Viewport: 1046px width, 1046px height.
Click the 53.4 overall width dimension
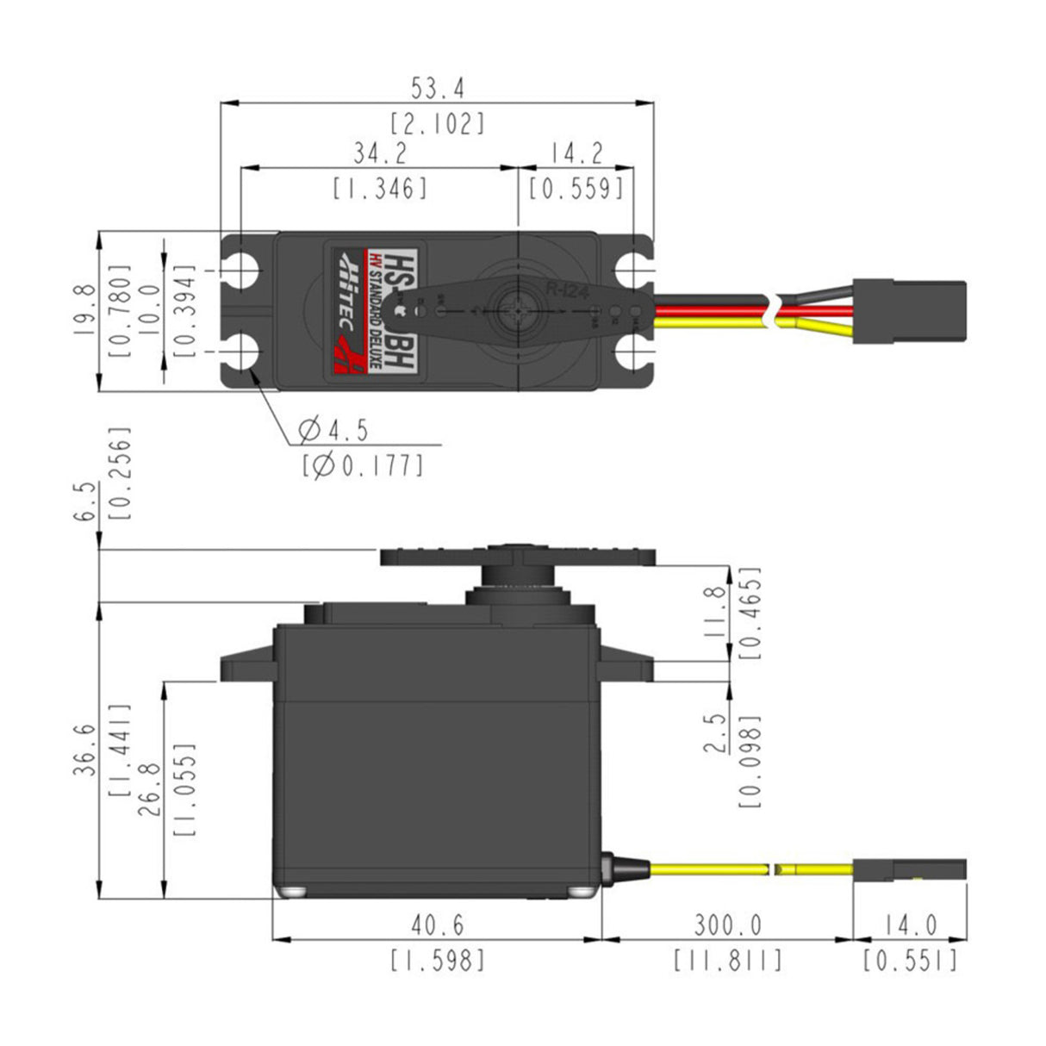437,88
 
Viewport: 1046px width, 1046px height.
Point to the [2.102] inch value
437,123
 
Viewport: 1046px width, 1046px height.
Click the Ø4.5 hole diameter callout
333,428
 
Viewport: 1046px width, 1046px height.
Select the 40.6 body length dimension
437,925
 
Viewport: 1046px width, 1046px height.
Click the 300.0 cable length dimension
727,925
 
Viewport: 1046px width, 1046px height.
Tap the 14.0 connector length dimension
910,925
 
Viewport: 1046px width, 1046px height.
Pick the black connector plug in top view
909,311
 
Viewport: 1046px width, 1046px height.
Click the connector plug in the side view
909,869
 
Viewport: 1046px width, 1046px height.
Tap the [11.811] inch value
727,960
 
